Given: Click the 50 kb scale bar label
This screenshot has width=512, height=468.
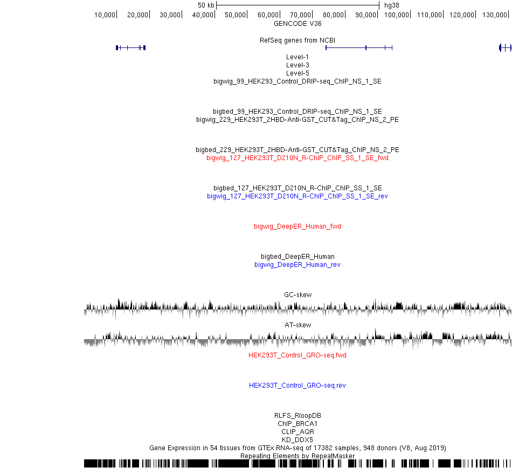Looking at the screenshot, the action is click(x=206, y=5).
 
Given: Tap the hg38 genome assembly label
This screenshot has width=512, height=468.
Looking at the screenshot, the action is click(x=391, y=5).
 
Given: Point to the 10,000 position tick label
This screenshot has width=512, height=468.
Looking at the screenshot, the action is click(x=105, y=15).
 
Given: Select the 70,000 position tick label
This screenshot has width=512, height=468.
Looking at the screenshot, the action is click(x=300, y=15).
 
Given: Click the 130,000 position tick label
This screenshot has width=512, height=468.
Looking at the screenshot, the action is click(x=494, y=15).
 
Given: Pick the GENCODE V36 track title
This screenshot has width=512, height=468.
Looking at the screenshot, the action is click(x=297, y=24).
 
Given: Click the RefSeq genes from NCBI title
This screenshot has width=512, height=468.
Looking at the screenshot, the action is click(x=297, y=40).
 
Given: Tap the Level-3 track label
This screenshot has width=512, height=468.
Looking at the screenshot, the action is click(x=297, y=65).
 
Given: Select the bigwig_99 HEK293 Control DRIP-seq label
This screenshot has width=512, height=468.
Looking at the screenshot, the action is click(x=297, y=81).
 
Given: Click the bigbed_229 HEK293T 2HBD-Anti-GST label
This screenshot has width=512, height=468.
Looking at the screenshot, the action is click(x=297, y=150).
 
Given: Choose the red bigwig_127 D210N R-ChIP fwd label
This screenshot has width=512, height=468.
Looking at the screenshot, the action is click(x=297, y=158).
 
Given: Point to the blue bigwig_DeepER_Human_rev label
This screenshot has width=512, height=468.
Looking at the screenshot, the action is click(x=297, y=265).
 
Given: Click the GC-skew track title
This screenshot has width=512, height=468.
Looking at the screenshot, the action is click(x=298, y=295).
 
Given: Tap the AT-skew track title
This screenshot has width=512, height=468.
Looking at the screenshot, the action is click(x=298, y=325).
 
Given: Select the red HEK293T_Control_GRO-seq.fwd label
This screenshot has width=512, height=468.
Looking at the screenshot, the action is click(x=297, y=355).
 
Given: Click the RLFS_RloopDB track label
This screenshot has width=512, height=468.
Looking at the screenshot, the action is click(x=297, y=415).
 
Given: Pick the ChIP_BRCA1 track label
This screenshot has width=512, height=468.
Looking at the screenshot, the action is click(x=297, y=424).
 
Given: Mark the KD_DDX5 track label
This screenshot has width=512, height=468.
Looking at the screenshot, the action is click(x=297, y=439).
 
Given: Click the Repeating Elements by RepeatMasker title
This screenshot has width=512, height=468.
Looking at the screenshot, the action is click(x=297, y=456).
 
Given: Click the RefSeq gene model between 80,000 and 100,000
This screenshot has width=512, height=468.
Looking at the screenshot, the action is click(x=359, y=47).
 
